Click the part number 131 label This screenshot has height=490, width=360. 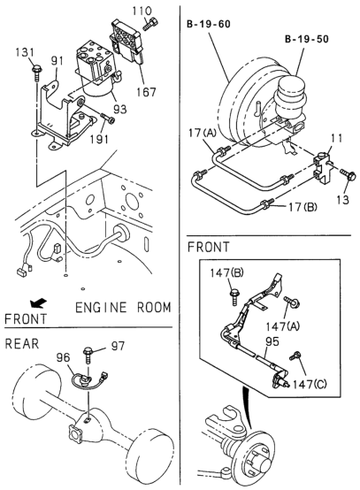[25, 52]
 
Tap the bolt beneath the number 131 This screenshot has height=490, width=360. [36, 73]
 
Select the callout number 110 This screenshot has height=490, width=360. [142, 11]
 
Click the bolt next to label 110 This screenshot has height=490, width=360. [150, 24]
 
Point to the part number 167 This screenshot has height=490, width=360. [146, 92]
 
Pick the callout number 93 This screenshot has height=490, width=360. [119, 109]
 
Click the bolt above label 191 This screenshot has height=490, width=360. [108, 119]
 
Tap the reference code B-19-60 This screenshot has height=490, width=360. [209, 24]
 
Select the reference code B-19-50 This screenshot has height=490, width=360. [307, 39]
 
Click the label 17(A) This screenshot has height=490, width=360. [203, 134]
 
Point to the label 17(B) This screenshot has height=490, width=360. [303, 207]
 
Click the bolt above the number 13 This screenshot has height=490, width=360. [348, 173]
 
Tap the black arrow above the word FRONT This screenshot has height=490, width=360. [38, 302]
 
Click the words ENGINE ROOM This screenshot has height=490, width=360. [123, 308]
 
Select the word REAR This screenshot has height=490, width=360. [22, 344]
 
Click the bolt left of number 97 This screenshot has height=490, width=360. [88, 355]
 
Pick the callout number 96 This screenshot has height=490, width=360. [63, 357]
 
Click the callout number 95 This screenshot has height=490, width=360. [272, 341]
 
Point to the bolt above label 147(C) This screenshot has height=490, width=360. [295, 356]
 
